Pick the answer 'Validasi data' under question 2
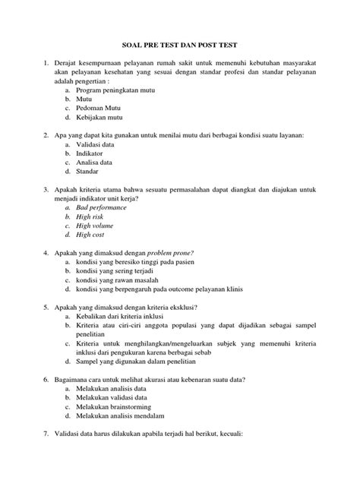click(99, 144)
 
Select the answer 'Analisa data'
click(98, 163)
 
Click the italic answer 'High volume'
click(95, 226)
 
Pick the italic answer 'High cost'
click(90, 235)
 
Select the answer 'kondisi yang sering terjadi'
click(122, 270)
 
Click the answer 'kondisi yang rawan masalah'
click(122, 279)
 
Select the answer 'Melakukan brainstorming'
click(117, 406)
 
